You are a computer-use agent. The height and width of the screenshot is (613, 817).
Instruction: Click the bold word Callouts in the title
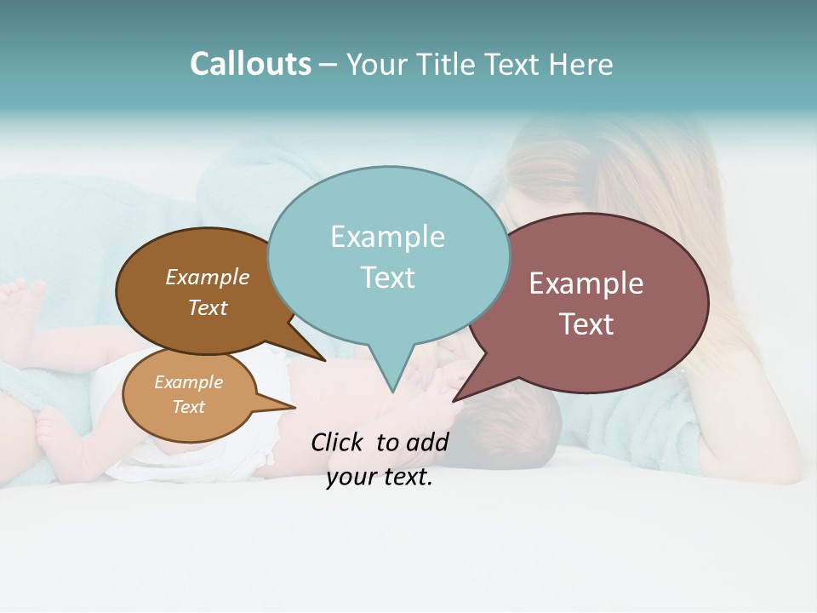[250, 64]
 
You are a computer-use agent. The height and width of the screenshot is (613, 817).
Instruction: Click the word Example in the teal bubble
[387, 237]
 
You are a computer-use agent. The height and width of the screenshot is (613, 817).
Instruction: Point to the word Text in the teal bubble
[387, 278]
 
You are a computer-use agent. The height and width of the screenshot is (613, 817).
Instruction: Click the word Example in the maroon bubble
[586, 284]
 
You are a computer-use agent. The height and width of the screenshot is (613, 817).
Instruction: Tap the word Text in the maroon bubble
[586, 324]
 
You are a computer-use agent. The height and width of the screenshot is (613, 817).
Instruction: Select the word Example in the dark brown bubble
[208, 278]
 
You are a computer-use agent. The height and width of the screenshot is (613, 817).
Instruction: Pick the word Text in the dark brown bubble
[208, 307]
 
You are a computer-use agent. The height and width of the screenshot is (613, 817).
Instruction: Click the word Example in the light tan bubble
[188, 382]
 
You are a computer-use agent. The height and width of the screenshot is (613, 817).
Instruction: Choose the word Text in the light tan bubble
[188, 407]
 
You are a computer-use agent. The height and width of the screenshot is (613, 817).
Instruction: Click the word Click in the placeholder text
[338, 442]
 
